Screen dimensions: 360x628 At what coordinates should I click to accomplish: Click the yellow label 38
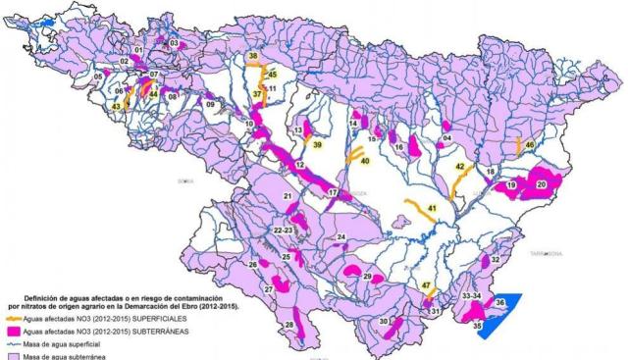(252, 58)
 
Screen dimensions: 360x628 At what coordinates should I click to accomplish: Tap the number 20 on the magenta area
(541, 183)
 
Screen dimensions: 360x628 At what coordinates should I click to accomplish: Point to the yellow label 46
(529, 145)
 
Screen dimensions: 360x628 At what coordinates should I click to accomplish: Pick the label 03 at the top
(174, 44)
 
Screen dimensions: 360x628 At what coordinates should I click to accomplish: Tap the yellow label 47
(426, 285)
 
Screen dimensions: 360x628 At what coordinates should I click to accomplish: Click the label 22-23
(284, 229)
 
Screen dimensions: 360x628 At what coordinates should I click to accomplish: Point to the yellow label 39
(317, 144)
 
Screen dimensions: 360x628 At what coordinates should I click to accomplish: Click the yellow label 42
(458, 168)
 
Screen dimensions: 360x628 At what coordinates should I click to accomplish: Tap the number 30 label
(385, 321)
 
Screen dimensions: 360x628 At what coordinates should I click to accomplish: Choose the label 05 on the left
(98, 76)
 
